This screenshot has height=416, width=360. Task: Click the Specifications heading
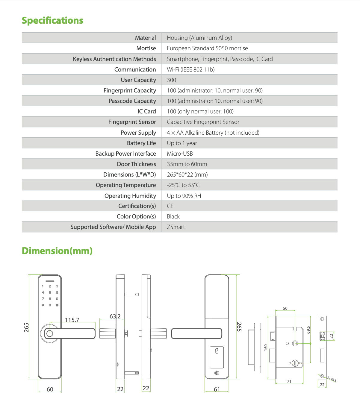52,20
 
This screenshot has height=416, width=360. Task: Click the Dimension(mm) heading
57,251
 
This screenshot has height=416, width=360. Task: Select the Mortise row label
146,48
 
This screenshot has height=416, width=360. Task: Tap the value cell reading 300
172,80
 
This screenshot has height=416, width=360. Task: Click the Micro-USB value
180,154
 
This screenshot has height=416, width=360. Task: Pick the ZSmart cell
176,227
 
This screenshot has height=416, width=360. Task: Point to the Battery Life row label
141,143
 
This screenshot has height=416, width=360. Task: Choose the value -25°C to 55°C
183,185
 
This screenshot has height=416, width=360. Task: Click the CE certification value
170,206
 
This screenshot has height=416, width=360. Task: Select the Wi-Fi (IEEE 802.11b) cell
190,69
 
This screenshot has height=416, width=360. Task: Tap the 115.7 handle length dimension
72,320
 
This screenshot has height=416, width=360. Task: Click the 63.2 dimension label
115,316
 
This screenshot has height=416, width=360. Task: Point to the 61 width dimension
217,389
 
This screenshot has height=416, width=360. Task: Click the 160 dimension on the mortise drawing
266,347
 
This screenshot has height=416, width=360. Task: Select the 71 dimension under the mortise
289,381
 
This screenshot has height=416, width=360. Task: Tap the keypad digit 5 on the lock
50,292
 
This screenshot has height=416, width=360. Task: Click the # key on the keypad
57,305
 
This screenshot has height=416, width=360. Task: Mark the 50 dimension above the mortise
285,308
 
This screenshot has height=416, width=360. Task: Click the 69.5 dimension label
308,330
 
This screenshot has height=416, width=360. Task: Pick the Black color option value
173,216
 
